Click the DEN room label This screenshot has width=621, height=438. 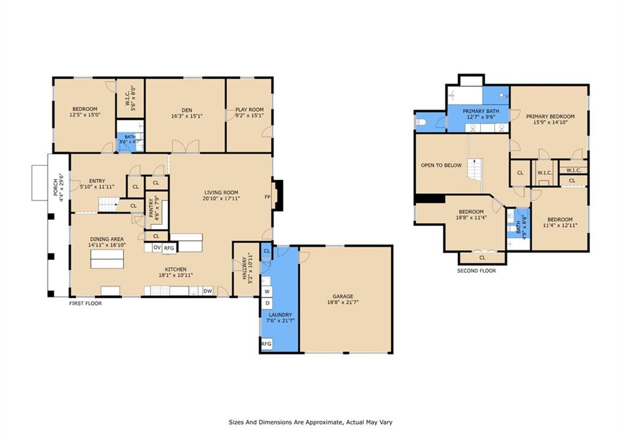[x=187, y=110]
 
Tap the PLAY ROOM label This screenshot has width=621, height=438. [x=249, y=110]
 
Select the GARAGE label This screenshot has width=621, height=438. [x=343, y=296]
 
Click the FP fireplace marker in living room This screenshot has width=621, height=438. [x=267, y=197]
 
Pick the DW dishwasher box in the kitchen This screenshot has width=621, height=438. [x=207, y=291]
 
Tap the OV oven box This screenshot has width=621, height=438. [x=157, y=248]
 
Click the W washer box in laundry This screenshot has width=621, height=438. [x=267, y=291]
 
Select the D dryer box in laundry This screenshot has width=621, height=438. [x=267, y=303]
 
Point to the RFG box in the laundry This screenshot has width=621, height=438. [x=267, y=344]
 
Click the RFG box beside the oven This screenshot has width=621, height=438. [x=169, y=248]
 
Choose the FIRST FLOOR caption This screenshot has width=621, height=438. [x=86, y=304]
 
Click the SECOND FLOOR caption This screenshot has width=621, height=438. [x=477, y=271]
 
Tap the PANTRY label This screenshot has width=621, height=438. [x=151, y=207]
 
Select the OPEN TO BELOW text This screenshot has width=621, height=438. [x=441, y=165]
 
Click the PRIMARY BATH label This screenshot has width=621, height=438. [x=481, y=111]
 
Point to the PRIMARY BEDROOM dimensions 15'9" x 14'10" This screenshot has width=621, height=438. [x=550, y=122]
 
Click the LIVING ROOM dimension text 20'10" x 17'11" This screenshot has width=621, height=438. [x=221, y=199]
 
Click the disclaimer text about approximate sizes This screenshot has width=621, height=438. [x=310, y=422]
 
